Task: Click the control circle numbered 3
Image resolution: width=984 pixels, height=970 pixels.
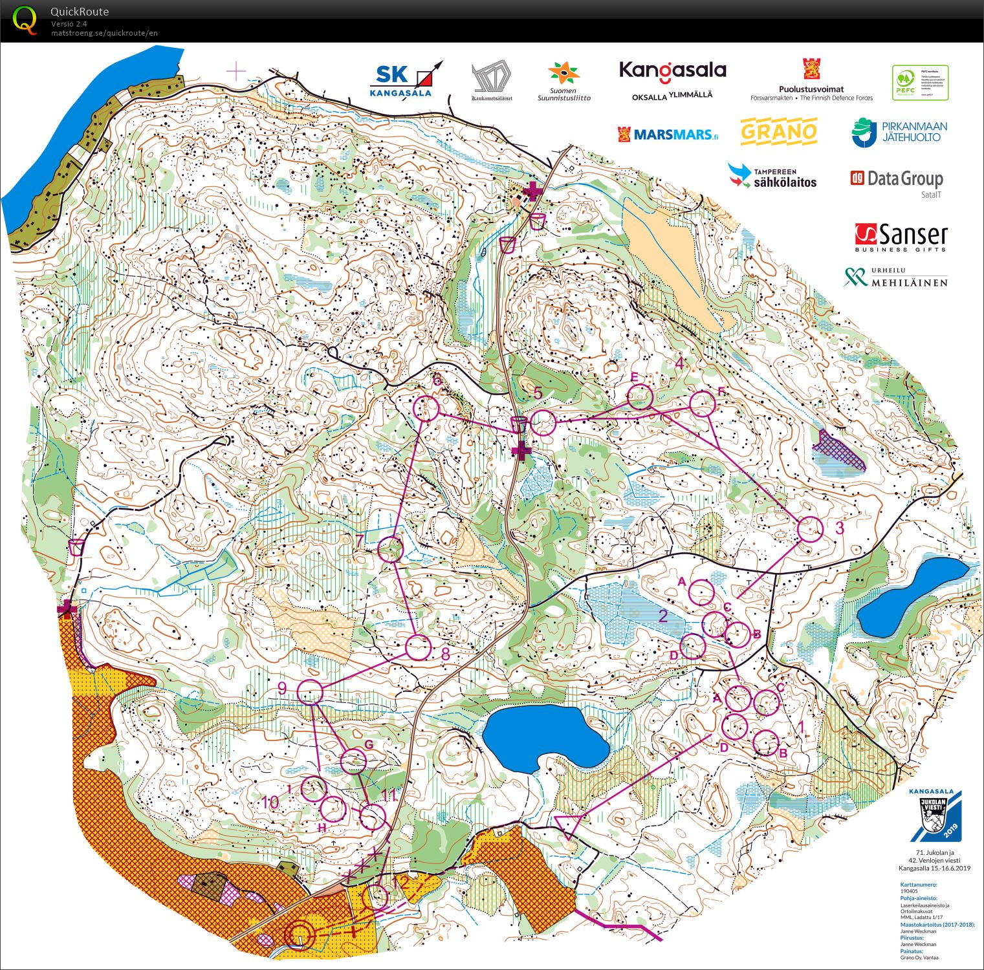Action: (809, 529)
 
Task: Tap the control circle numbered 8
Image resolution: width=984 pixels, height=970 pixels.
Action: (418, 647)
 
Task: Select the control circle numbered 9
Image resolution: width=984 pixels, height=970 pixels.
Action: (310, 692)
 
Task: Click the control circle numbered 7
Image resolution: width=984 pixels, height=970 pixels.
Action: (390, 549)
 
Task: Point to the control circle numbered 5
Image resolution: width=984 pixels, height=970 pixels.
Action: (543, 422)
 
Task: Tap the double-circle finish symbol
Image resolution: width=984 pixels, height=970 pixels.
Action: (299, 933)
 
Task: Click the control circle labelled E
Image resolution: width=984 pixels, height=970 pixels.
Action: (639, 396)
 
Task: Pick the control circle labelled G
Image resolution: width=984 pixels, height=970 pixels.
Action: (354, 761)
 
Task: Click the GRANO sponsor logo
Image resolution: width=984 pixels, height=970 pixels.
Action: (779, 132)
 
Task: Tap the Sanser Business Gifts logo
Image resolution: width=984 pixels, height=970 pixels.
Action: (901, 238)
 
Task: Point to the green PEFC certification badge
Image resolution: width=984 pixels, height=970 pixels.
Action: (920, 82)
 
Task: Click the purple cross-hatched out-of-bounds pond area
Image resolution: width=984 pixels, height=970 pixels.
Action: (838, 450)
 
